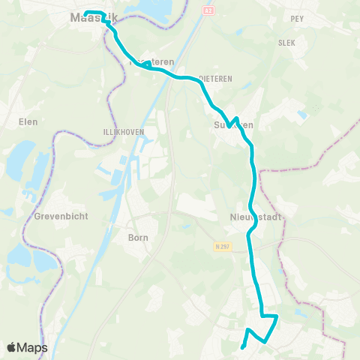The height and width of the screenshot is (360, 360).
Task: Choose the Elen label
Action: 28,120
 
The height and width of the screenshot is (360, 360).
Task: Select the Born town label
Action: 138,237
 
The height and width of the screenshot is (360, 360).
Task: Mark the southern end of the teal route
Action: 242,346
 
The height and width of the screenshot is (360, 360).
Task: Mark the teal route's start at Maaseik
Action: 85,13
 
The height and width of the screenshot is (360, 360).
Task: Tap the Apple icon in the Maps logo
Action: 10,347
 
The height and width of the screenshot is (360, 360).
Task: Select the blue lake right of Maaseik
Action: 157,9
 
